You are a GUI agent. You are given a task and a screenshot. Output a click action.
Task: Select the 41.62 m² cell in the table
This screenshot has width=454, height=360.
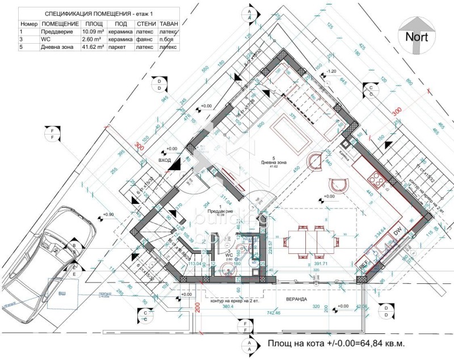(x=93, y=48)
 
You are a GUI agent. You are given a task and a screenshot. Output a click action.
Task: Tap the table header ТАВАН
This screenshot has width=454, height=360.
(x=169, y=24)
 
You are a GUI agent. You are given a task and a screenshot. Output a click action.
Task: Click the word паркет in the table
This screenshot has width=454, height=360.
(x=120, y=48)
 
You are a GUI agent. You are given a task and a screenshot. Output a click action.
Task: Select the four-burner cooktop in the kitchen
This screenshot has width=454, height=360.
(x=377, y=181)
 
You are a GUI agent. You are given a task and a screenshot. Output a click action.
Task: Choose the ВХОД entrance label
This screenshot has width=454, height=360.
(x=165, y=161)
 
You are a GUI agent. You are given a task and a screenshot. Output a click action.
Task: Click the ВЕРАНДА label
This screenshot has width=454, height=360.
(x=296, y=299)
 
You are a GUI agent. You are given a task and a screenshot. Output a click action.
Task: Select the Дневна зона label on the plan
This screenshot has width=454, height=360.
(x=274, y=162)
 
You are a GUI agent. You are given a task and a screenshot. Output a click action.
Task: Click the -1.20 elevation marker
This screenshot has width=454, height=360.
(x=332, y=72)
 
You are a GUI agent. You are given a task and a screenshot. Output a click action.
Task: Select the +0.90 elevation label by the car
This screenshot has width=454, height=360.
(x=108, y=215)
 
